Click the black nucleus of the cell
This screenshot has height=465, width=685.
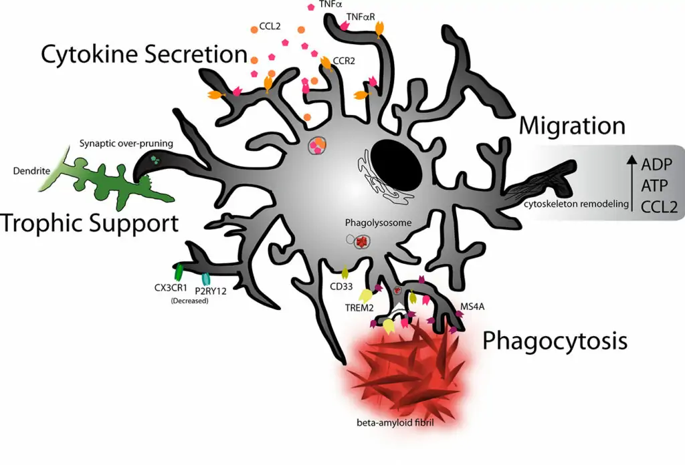coord(397,164)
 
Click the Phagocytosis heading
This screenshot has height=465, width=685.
coord(555,341)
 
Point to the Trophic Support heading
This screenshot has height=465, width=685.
coord(90,222)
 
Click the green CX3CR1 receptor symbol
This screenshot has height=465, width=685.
coord(179,273)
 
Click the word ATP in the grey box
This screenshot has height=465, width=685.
coord(657,186)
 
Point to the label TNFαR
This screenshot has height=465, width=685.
coord(361,15)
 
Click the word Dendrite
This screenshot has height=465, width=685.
coord(31,170)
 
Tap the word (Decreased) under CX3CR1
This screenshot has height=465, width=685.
coord(188,301)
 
